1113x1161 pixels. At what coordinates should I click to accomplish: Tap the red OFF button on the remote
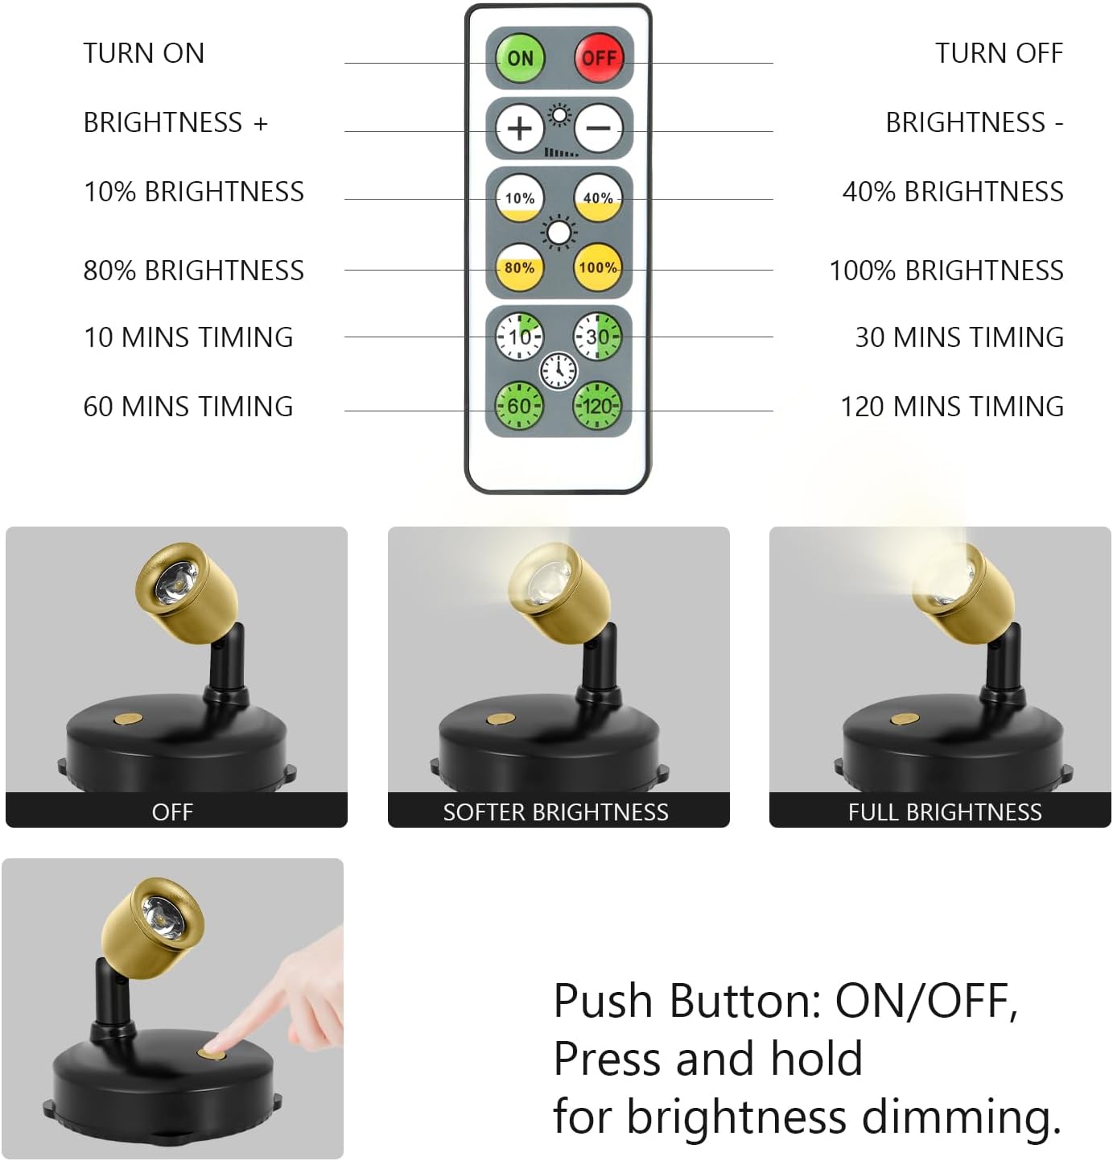[x=599, y=58]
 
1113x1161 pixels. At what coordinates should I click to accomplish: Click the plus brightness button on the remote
[x=520, y=128]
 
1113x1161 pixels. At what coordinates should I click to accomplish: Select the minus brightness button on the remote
[x=598, y=128]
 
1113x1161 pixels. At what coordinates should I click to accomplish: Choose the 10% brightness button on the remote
[x=520, y=198]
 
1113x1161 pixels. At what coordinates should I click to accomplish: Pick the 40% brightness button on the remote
[x=598, y=198]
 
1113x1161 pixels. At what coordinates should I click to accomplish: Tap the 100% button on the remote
[x=598, y=267]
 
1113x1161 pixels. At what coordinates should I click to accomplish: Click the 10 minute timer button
[x=519, y=337]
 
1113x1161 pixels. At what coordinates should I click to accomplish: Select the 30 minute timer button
[x=597, y=337]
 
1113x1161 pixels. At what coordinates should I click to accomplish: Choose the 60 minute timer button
[x=519, y=406]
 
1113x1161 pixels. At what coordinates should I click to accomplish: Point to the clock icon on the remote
[x=559, y=371]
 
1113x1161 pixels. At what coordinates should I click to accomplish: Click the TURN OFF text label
[x=999, y=53]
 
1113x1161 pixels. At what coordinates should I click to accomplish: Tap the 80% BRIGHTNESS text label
[x=194, y=271]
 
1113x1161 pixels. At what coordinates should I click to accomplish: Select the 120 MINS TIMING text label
[x=952, y=407]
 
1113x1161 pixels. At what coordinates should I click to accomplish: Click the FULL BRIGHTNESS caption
[x=945, y=812]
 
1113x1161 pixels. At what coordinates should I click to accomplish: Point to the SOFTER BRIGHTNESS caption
[x=555, y=812]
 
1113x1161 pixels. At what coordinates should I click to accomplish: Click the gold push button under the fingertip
[x=213, y=1051]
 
